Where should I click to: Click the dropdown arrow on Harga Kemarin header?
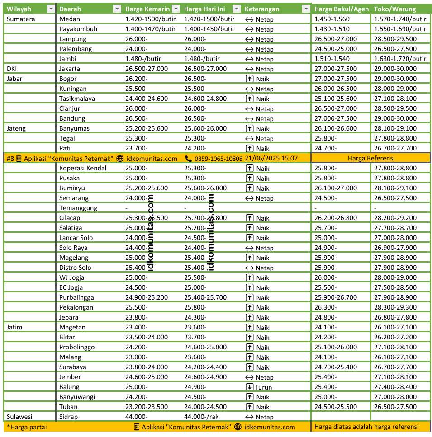[176, 9]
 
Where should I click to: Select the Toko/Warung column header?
[391, 9]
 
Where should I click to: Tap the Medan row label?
[69, 19]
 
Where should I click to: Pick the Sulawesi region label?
[20, 417]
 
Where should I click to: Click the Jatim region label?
[14, 327]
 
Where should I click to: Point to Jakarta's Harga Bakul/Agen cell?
[335, 69]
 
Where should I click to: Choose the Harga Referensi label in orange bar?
[371, 158]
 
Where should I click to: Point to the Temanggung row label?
[78, 208]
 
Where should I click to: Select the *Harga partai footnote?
[27, 427]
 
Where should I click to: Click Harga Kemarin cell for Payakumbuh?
[150, 29]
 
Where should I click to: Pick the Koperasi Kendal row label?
[83, 168]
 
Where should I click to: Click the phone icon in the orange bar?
[189, 158]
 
